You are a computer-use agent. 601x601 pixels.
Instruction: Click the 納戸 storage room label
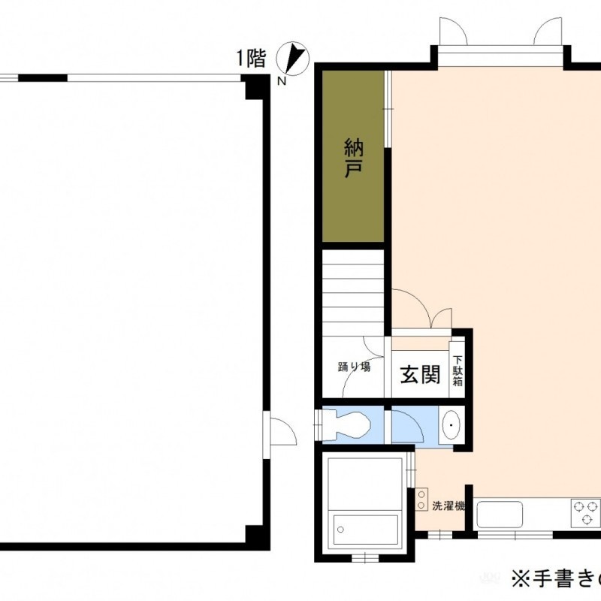tap(353, 159)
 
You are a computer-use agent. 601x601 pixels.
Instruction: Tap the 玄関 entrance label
tap(420, 374)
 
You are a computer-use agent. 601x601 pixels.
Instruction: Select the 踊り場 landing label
tap(354, 367)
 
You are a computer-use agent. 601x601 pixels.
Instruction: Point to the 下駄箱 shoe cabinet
tap(457, 370)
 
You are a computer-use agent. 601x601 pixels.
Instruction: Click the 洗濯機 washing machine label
tap(448, 506)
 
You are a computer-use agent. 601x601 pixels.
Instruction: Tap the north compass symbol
tap(293, 58)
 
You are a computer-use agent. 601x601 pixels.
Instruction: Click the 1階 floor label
tap(251, 59)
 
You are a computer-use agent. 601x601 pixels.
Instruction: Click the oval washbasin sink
tap(452, 425)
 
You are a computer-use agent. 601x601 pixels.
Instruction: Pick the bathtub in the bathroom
tap(365, 530)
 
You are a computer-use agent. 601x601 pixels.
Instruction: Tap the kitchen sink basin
tap(500, 514)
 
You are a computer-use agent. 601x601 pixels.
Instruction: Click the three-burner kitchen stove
tap(585, 512)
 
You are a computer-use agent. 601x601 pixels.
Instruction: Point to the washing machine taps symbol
tap(421, 500)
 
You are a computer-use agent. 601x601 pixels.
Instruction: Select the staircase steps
tap(353, 293)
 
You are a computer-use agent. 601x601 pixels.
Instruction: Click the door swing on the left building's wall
tap(283, 431)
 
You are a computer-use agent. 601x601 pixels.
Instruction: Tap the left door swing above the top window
tap(453, 31)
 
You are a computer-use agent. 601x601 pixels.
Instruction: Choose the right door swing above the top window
tap(548, 31)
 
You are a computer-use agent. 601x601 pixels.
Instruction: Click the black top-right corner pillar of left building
tap(255, 86)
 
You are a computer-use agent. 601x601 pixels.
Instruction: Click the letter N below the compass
tap(282, 81)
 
